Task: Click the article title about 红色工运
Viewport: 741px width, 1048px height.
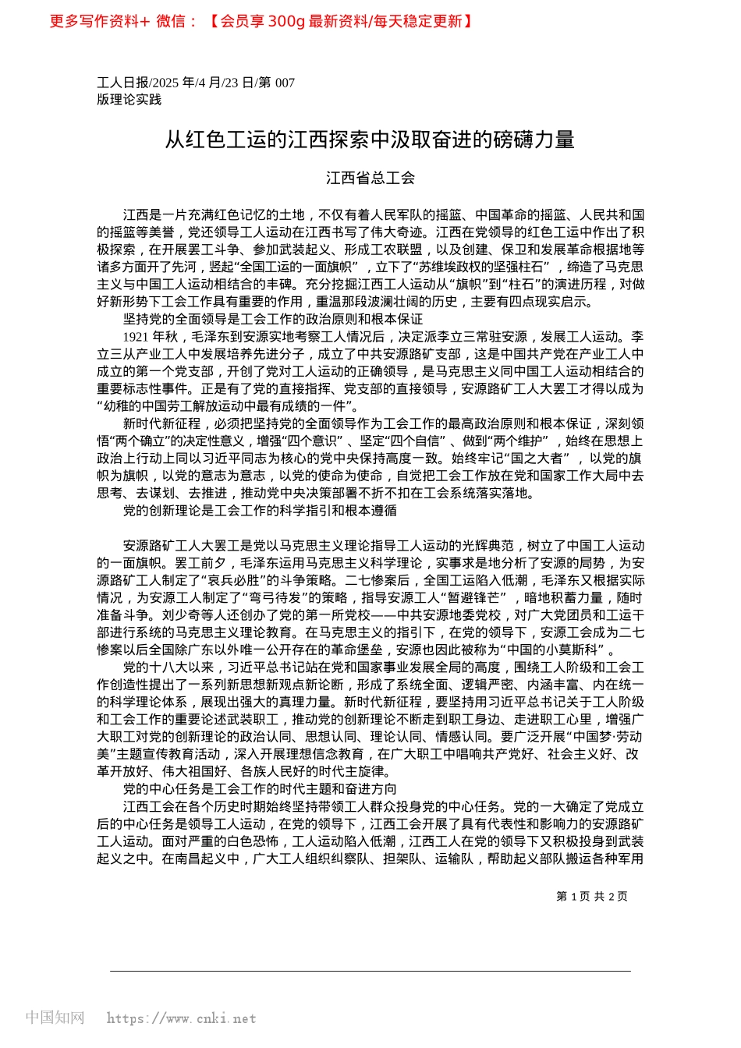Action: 370,140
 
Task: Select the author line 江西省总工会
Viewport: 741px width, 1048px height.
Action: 370,178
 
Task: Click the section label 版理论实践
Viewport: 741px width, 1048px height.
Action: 129,99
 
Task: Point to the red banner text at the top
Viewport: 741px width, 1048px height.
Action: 261,21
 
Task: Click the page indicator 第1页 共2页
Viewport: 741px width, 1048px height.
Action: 591,896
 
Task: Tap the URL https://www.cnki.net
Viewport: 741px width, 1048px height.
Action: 181,1018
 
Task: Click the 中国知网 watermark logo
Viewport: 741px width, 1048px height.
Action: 55,1018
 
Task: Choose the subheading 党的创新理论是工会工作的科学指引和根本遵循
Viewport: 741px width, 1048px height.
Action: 260,510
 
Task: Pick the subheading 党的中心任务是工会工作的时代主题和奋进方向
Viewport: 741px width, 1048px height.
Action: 260,789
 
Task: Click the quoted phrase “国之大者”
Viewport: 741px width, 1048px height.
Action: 536,458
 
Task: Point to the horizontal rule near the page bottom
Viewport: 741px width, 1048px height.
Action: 370,971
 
